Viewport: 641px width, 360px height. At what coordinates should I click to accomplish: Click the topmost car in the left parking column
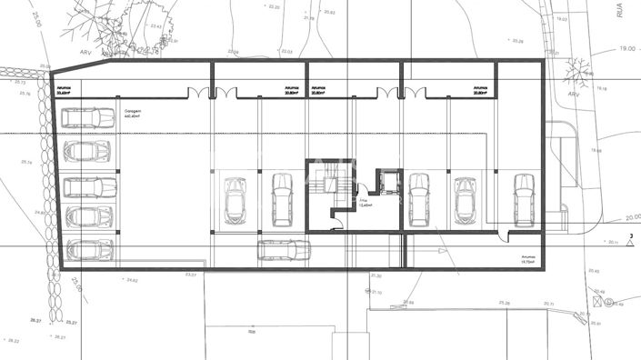click(88, 118)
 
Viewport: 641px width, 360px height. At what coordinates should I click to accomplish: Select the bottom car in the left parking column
click(90, 248)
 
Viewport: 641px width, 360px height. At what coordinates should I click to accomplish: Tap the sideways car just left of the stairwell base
click(283, 250)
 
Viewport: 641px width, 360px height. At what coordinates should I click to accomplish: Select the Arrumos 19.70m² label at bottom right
click(529, 259)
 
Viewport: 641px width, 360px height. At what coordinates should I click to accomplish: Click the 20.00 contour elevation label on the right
click(632, 217)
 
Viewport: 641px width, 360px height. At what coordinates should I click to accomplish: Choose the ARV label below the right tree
click(574, 93)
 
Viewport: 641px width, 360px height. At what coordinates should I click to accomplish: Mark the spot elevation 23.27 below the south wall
click(190, 274)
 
